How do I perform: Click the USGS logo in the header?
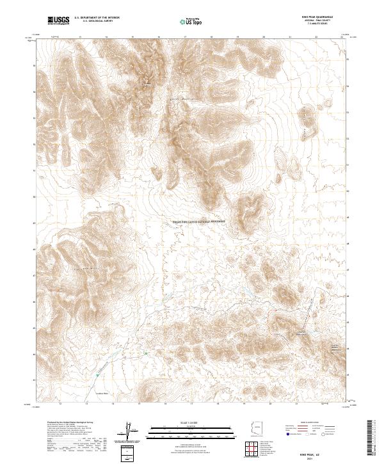point(58,22)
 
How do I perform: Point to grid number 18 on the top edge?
point(211,37)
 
